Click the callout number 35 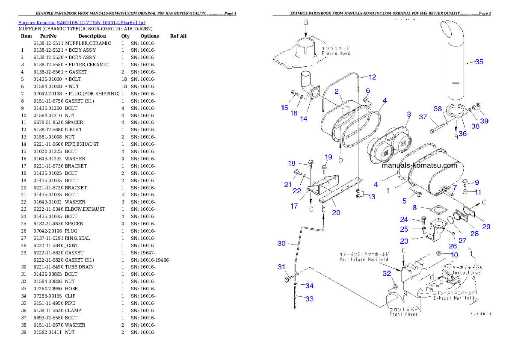click(479, 62)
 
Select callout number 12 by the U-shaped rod click(373, 77)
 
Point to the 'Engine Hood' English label click(336, 53)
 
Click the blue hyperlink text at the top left click(82, 23)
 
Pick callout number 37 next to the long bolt click(423, 117)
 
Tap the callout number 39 click(484, 121)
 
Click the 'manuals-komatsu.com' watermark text click(420, 165)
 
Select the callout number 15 click(285, 108)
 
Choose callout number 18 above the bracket click(292, 163)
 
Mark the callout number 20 click(336, 212)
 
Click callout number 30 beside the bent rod click(281, 243)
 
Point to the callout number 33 click(309, 299)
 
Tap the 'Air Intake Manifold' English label click(364, 260)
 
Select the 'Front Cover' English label click(403, 314)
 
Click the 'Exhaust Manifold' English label click(454, 298)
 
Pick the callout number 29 click(486, 227)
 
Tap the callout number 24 click(404, 219)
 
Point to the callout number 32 click(387, 273)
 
